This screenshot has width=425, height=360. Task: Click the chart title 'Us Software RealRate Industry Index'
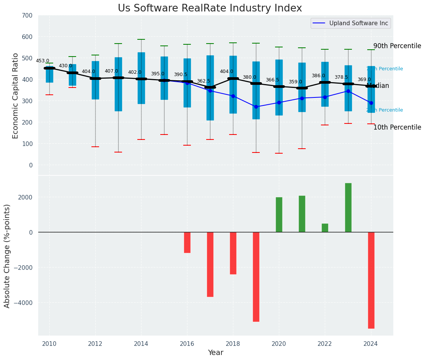click(210, 8)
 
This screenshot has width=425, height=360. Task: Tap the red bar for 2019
click(256, 277)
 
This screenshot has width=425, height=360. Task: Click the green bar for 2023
click(348, 208)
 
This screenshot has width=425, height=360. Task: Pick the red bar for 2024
click(371, 280)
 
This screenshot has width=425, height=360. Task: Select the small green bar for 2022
click(325, 228)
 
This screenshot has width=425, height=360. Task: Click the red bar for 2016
click(187, 242)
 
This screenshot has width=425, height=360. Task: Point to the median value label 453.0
click(42, 61)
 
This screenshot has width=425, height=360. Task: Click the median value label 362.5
click(204, 81)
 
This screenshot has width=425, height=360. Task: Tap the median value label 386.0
click(318, 76)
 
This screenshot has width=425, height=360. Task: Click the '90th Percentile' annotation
click(397, 46)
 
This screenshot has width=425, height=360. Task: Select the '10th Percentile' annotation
click(397, 127)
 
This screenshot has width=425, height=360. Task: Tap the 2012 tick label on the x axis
click(95, 344)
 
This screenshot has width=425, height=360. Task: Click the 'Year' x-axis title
click(216, 353)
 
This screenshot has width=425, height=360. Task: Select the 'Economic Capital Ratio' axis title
click(16, 96)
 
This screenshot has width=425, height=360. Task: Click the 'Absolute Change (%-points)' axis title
click(7, 256)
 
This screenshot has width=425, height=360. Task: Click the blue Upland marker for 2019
click(256, 107)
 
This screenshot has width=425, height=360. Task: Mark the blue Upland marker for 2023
click(348, 91)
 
